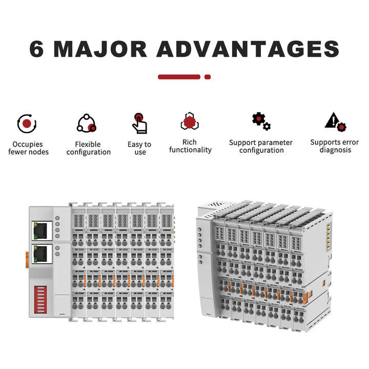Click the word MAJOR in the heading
point(100,49)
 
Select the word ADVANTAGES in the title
point(248,49)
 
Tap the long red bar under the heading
point(179,77)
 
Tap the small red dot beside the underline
point(208,77)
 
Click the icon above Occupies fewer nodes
point(27,123)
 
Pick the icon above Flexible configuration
point(87,124)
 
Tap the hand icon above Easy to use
point(139,124)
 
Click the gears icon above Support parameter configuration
point(261,122)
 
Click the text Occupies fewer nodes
point(29,148)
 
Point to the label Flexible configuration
point(89,148)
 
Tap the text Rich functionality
point(190,146)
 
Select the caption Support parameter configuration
point(261,147)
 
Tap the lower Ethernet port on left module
point(42,253)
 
